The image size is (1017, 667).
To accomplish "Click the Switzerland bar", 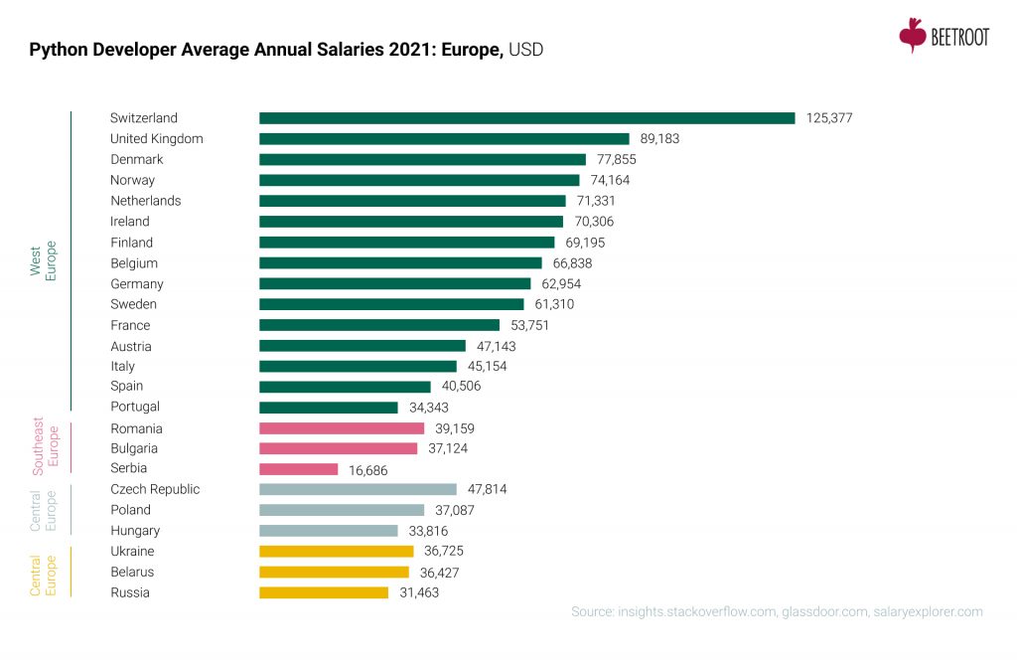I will pyautogui.click(x=526, y=117).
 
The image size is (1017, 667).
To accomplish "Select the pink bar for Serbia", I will pyautogui.click(x=298, y=469).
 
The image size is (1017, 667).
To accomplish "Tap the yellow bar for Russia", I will pyautogui.click(x=324, y=592).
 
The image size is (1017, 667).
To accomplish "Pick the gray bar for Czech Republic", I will pyautogui.click(x=358, y=489).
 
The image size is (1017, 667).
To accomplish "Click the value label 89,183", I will pyautogui.click(x=659, y=139).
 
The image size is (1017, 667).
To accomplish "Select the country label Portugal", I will pyautogui.click(x=135, y=407).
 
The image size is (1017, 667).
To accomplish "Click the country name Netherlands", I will pyautogui.click(x=145, y=201).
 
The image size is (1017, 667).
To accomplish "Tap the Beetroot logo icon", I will pyautogui.click(x=912, y=35).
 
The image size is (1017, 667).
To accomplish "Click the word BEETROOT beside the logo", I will pyautogui.click(x=960, y=38).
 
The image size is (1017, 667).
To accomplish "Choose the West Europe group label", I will pyautogui.click(x=43, y=261).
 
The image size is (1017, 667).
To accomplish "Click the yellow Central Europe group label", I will pyautogui.click(x=42, y=572).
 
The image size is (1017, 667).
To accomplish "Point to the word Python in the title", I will pyautogui.click(x=55, y=49).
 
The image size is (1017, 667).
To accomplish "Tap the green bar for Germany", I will pyautogui.click(x=394, y=283).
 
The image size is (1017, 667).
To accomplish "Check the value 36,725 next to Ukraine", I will pyautogui.click(x=443, y=551).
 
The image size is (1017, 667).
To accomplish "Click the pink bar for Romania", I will pyautogui.click(x=341, y=428).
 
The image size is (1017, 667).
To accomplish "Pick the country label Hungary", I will pyautogui.click(x=135, y=531).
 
